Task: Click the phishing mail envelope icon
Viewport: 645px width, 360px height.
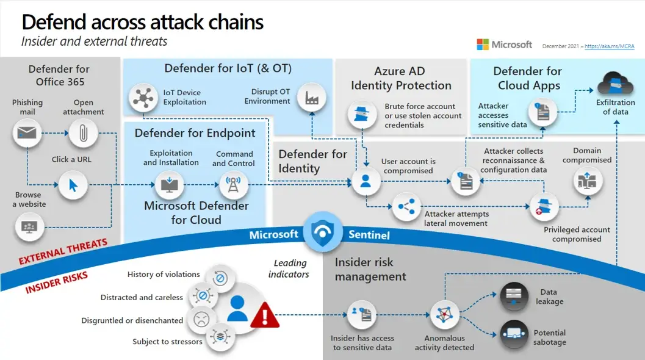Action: [27, 132]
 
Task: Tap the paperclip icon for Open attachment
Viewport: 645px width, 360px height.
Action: [83, 132]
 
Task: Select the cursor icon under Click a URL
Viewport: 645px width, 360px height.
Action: [74, 184]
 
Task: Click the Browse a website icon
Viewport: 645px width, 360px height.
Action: [29, 227]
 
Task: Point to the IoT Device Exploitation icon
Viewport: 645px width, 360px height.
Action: [143, 98]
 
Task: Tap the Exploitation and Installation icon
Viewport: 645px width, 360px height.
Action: [168, 184]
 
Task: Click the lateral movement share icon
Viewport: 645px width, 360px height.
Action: [406, 207]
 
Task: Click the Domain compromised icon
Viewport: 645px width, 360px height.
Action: [588, 181]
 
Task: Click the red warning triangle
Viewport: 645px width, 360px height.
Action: [264, 315]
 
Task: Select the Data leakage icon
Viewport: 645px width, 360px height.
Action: [514, 297]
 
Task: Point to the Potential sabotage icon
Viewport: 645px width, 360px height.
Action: [514, 333]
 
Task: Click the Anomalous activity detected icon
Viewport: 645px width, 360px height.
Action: [444, 315]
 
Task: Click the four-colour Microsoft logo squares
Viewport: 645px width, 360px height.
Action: [483, 45]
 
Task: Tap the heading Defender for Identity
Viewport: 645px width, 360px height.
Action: [312, 161]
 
